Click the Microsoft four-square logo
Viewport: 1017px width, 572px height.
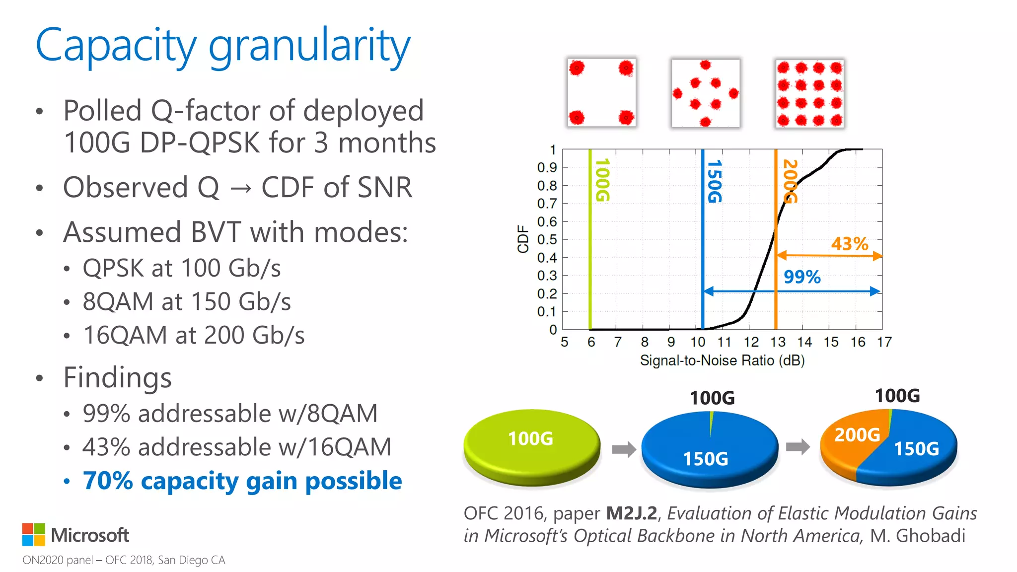coord(33,534)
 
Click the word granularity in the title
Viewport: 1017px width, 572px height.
coord(309,46)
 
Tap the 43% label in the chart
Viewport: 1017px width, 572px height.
coord(850,244)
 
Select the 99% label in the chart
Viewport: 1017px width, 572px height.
coord(802,277)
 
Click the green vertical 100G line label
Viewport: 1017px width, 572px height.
coord(602,180)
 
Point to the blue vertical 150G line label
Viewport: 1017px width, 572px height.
coord(714,181)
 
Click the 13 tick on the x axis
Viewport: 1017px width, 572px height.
coord(778,342)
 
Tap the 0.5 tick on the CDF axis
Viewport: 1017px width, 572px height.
coord(547,239)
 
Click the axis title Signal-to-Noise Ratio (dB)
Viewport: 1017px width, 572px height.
coord(722,360)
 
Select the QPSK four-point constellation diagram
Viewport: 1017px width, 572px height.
coord(601,93)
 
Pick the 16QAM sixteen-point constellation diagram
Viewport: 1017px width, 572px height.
coord(809,93)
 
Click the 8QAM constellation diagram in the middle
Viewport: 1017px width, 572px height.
coord(705,93)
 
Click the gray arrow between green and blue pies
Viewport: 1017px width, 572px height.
coord(624,449)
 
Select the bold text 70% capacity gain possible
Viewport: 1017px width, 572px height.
coord(242,481)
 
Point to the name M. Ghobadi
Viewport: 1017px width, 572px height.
coord(918,536)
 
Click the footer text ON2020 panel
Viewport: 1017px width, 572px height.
coord(58,560)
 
